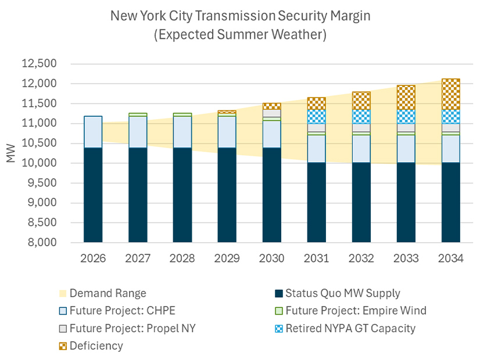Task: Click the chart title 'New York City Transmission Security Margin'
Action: point(240,16)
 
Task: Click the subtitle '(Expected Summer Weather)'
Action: point(240,35)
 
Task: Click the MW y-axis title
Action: point(11,153)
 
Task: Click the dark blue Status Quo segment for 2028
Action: point(182,195)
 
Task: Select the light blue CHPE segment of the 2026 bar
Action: point(93,132)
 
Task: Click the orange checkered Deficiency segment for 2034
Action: point(451,94)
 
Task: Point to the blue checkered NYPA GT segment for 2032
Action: point(361,116)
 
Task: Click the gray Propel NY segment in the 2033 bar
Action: point(406,128)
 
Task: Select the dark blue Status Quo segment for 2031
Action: point(317,202)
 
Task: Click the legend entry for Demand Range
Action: point(108,293)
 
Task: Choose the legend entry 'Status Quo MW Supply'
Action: point(346,293)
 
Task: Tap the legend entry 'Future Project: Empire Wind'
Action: point(357,311)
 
